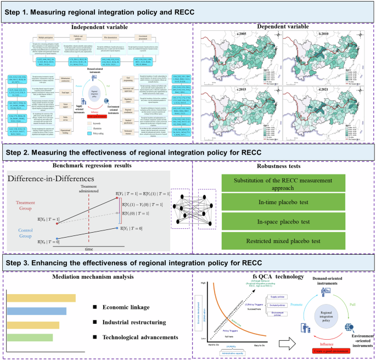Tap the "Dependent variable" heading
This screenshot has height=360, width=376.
point(284,26)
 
